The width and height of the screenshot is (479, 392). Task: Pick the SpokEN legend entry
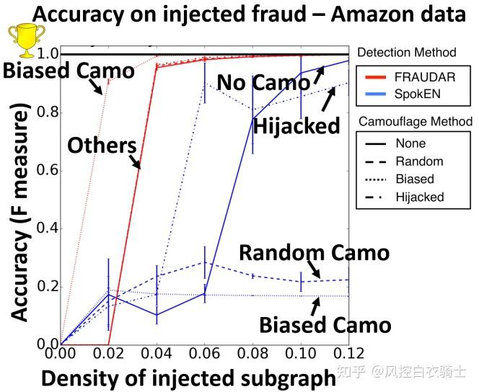tap(418, 94)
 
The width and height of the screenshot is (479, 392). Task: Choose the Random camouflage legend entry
tap(419, 161)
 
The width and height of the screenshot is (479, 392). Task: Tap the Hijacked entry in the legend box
tap(419, 196)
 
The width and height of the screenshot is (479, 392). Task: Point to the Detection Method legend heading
tap(407, 52)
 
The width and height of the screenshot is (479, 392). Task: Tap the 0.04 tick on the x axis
tap(157, 354)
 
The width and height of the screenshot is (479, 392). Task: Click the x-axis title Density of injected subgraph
tap(187, 376)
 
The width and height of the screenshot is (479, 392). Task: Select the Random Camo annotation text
tap(314, 253)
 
